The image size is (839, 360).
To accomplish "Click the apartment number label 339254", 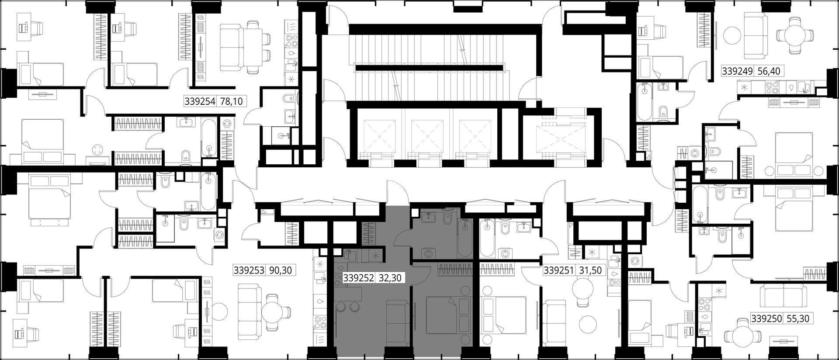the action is pos(200,102).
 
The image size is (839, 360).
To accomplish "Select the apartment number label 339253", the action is pos(249,270).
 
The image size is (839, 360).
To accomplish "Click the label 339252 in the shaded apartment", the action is pos(359,277).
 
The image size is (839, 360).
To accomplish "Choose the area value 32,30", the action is pos(390,277).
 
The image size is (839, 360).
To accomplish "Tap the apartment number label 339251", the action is pos(558,270).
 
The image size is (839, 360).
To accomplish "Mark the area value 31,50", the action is pos(590,270).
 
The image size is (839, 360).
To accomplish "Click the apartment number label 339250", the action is pos(766,319).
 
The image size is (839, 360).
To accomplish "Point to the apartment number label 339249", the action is pos(737,71).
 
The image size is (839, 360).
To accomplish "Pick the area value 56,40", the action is pos(769,71).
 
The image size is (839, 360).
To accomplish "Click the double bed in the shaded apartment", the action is pos(448,315).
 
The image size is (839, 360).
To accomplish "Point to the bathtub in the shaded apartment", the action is pos(465,238).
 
